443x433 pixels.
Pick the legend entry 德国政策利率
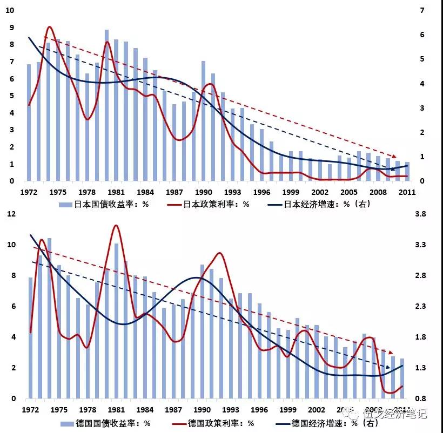coord(219,423)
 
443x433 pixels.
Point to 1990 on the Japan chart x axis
coord(203,192)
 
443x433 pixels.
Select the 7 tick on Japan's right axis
coord(422,10)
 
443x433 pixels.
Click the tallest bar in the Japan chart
coord(106,105)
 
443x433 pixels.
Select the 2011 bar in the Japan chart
coord(408,172)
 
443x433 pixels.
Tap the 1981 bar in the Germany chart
coord(116,321)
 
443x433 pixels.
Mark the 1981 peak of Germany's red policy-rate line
coord(115,226)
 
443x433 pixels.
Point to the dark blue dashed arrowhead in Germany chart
coord(388,368)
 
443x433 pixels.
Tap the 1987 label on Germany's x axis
coord(174,410)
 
